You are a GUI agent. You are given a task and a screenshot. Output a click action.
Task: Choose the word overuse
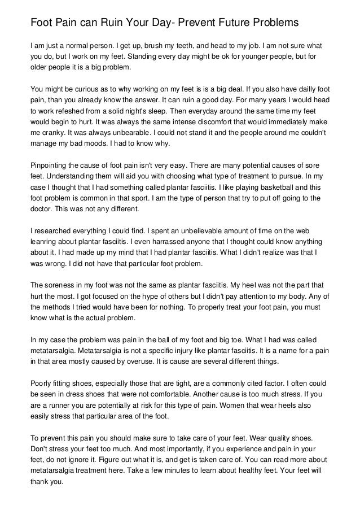click(138, 361)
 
